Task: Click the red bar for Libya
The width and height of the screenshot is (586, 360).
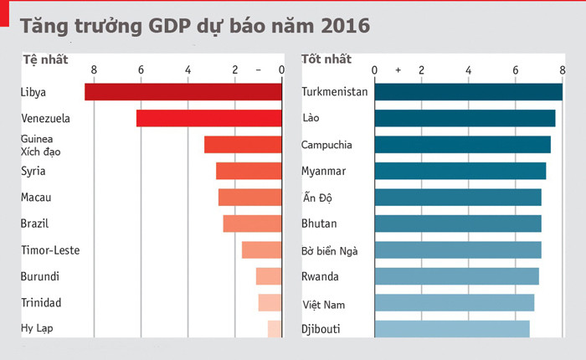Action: pyautogui.click(x=183, y=92)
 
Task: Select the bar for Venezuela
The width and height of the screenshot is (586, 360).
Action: pyautogui.click(x=209, y=118)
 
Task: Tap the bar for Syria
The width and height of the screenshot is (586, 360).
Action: pyautogui.click(x=249, y=171)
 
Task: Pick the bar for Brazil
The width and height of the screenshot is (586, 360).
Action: pyautogui.click(x=252, y=224)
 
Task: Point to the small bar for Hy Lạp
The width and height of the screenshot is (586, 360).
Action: pyautogui.click(x=275, y=329)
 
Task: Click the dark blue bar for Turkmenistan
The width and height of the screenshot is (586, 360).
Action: pyautogui.click(x=468, y=92)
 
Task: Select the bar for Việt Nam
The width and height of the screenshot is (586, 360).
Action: pyautogui.click(x=454, y=303)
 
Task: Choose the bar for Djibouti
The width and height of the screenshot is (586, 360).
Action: pyautogui.click(x=451, y=329)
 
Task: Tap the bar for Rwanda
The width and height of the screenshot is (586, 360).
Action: pyautogui.click(x=456, y=276)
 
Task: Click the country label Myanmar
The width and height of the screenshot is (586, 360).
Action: pyautogui.click(x=323, y=172)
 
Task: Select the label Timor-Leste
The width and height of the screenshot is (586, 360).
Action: pyautogui.click(x=49, y=250)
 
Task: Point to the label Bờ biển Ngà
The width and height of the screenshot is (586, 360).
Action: pyautogui.click(x=332, y=250)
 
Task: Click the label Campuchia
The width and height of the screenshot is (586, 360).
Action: pyautogui.click(x=326, y=145)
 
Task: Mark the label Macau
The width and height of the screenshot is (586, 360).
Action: pyautogui.click(x=36, y=198)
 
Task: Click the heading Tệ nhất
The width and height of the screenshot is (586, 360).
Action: pyautogui.click(x=44, y=59)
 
